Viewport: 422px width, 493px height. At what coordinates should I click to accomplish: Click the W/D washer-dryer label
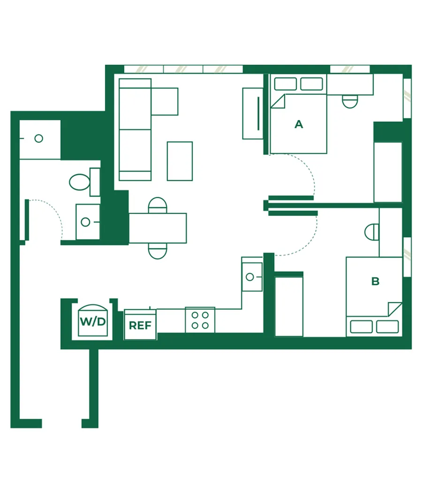(93, 321)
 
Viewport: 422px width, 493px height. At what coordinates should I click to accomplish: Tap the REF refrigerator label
(140, 326)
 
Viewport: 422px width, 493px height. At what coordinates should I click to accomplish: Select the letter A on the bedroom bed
(299, 124)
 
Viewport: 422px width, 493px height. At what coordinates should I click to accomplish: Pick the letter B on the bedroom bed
(375, 281)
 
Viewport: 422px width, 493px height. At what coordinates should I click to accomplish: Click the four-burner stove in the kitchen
(200, 320)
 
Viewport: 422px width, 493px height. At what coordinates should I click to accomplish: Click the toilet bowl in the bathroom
(80, 182)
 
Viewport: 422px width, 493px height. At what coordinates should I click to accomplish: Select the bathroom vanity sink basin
(85, 222)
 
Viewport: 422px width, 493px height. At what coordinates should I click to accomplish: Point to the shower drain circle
(38, 138)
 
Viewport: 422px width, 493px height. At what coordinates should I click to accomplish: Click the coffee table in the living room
(180, 161)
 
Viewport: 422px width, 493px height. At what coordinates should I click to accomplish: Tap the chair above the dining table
(158, 205)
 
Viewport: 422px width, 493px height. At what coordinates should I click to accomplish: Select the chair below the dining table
(158, 251)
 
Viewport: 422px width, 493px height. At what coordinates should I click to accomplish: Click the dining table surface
(158, 228)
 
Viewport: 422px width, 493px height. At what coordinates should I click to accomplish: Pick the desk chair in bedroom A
(350, 101)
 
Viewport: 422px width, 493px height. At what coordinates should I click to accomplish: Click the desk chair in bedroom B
(372, 232)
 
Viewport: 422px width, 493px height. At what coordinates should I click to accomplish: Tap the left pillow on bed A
(285, 84)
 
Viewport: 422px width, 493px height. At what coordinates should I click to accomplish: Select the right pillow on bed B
(387, 326)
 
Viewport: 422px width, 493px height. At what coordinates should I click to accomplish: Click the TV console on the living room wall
(253, 114)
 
